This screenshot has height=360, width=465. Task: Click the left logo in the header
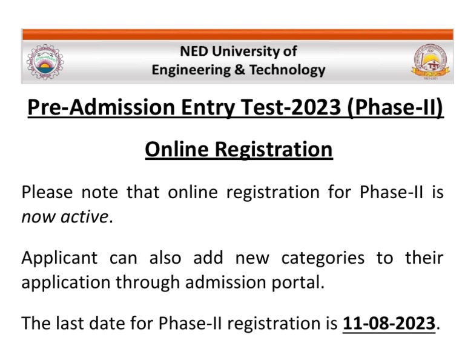click(x=45, y=61)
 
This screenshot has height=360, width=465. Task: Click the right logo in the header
click(x=431, y=61)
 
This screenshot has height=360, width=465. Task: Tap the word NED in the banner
click(x=194, y=52)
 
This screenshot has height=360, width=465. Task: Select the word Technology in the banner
click(x=287, y=70)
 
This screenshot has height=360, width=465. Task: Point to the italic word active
click(x=84, y=216)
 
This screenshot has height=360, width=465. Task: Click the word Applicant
click(x=59, y=258)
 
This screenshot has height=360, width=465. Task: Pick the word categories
click(x=323, y=258)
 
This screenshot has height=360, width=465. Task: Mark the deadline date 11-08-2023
click(x=389, y=323)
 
